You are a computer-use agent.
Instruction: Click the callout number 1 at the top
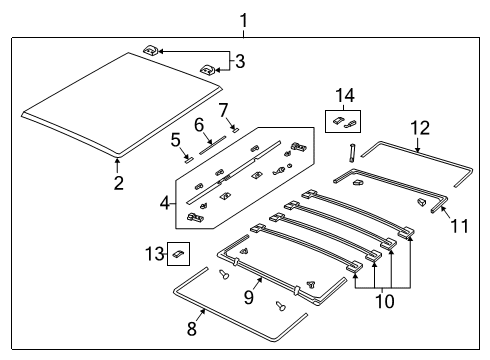coord(241,19)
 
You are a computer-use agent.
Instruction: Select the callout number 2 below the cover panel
coord(118,183)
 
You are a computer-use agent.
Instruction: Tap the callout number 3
coord(239,61)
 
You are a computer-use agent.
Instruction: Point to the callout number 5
coord(175,139)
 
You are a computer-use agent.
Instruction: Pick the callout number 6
coord(200,125)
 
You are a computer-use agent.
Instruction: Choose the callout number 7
coord(224,108)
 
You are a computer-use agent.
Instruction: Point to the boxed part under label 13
coord(178,254)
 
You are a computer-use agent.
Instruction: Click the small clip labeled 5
coord(186,156)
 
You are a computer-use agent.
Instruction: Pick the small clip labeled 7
coord(233,128)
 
